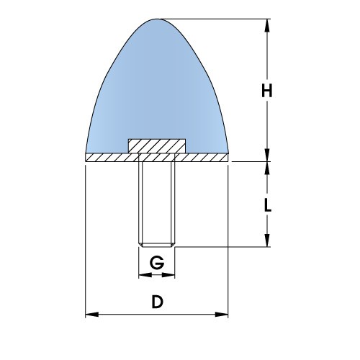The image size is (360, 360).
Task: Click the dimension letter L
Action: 268,204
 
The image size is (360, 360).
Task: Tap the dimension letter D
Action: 157,302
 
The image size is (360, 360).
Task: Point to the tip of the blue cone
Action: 157,20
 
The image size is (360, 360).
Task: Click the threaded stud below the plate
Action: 157,202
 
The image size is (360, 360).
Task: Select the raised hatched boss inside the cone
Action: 157,145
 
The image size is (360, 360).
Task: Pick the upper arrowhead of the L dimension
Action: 268,168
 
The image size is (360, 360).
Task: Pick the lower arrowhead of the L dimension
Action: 268,243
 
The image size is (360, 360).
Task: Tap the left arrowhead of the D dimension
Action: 91,315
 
